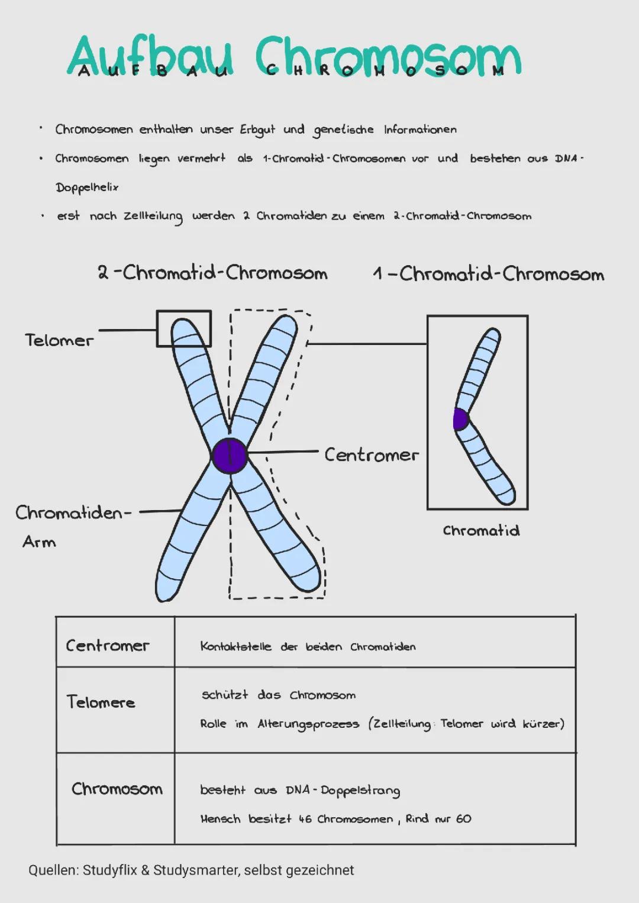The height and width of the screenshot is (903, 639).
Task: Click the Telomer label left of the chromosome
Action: (59, 340)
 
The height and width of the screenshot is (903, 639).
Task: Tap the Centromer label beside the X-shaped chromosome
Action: (371, 455)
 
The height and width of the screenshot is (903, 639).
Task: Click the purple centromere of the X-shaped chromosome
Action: (230, 456)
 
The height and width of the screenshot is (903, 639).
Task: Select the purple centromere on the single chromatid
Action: (460, 419)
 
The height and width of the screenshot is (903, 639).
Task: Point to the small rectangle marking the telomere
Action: (184, 328)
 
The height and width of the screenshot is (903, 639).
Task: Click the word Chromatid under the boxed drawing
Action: (481, 530)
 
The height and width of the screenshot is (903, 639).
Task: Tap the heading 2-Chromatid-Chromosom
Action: (212, 273)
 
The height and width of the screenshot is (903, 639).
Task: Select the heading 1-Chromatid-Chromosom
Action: (489, 274)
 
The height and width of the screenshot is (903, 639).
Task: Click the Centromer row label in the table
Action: (107, 645)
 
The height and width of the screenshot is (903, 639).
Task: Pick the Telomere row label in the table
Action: (101, 702)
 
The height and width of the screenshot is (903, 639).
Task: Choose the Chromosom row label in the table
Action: (117, 789)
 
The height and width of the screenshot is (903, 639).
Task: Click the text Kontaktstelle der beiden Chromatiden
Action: (308, 646)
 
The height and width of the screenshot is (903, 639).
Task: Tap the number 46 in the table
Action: (305, 820)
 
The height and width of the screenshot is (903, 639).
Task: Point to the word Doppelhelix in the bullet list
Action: (87, 188)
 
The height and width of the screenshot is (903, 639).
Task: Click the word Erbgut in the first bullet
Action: (257, 130)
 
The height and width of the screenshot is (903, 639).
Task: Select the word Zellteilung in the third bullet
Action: (153, 217)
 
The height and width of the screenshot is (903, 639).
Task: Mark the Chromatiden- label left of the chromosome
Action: (73, 512)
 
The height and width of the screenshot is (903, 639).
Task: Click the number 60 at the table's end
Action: (463, 819)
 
